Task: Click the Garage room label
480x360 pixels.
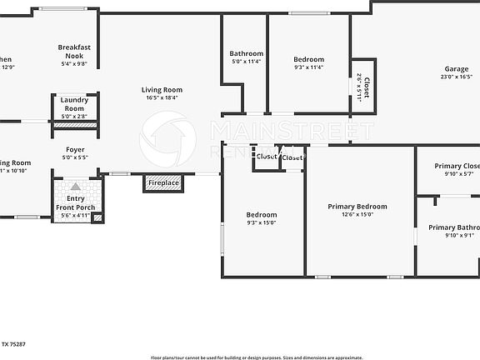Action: pyautogui.click(x=457, y=69)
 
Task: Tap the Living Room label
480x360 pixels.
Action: pyautogui.click(x=162, y=90)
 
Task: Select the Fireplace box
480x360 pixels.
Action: pyautogui.click(x=162, y=182)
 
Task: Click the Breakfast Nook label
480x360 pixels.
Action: pyautogui.click(x=75, y=52)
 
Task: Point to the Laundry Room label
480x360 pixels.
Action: pyautogui.click(x=74, y=104)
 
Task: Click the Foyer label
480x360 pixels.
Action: pyautogui.click(x=75, y=150)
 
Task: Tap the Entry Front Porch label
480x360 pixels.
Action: pyautogui.click(x=75, y=202)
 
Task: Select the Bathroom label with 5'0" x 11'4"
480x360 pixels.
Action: pyautogui.click(x=246, y=54)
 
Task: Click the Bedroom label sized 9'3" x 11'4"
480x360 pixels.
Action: pyautogui.click(x=308, y=59)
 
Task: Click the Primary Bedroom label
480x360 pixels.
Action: pyautogui.click(x=357, y=207)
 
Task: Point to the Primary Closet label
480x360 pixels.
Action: pyautogui.click(x=457, y=166)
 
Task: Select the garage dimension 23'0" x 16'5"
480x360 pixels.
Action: pyautogui.click(x=455, y=77)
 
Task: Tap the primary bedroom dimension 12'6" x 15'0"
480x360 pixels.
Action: pyautogui.click(x=357, y=214)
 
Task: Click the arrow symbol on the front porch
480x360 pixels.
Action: pyautogui.click(x=76, y=187)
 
